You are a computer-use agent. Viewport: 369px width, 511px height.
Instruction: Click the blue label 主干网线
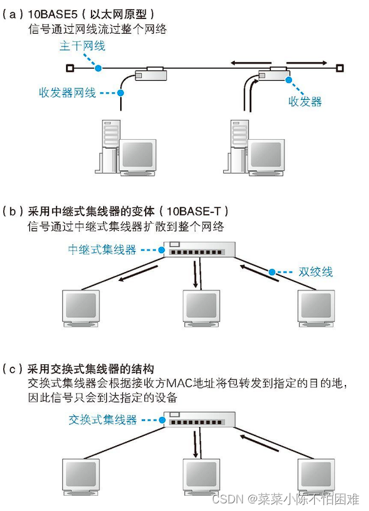click(82, 46)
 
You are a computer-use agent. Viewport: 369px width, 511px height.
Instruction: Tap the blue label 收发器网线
click(67, 93)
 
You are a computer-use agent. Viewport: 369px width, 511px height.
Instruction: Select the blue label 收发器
click(305, 102)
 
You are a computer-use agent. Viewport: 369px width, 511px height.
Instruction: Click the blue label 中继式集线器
click(102, 250)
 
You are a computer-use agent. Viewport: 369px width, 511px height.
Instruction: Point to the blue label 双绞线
click(316, 271)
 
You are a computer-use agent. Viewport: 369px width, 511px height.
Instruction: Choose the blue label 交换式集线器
click(102, 419)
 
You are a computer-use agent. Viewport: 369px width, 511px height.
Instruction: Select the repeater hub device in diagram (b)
click(199, 250)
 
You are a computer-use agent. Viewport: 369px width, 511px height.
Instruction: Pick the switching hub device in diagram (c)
click(199, 420)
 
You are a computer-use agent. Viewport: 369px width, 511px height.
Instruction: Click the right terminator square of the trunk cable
click(340, 68)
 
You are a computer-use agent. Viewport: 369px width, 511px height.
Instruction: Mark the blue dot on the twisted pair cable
click(272, 272)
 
